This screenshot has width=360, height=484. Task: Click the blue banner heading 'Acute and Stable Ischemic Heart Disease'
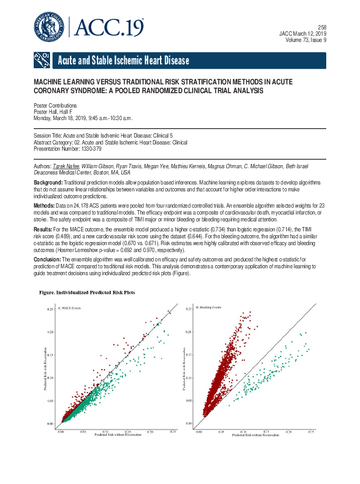point(122,61)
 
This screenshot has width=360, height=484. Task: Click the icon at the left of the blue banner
point(41,60)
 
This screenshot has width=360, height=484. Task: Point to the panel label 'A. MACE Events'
point(70,308)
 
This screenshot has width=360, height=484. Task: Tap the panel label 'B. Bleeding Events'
point(209,308)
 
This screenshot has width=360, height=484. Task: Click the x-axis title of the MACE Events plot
point(116,436)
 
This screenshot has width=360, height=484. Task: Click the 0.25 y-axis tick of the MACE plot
point(51,310)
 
